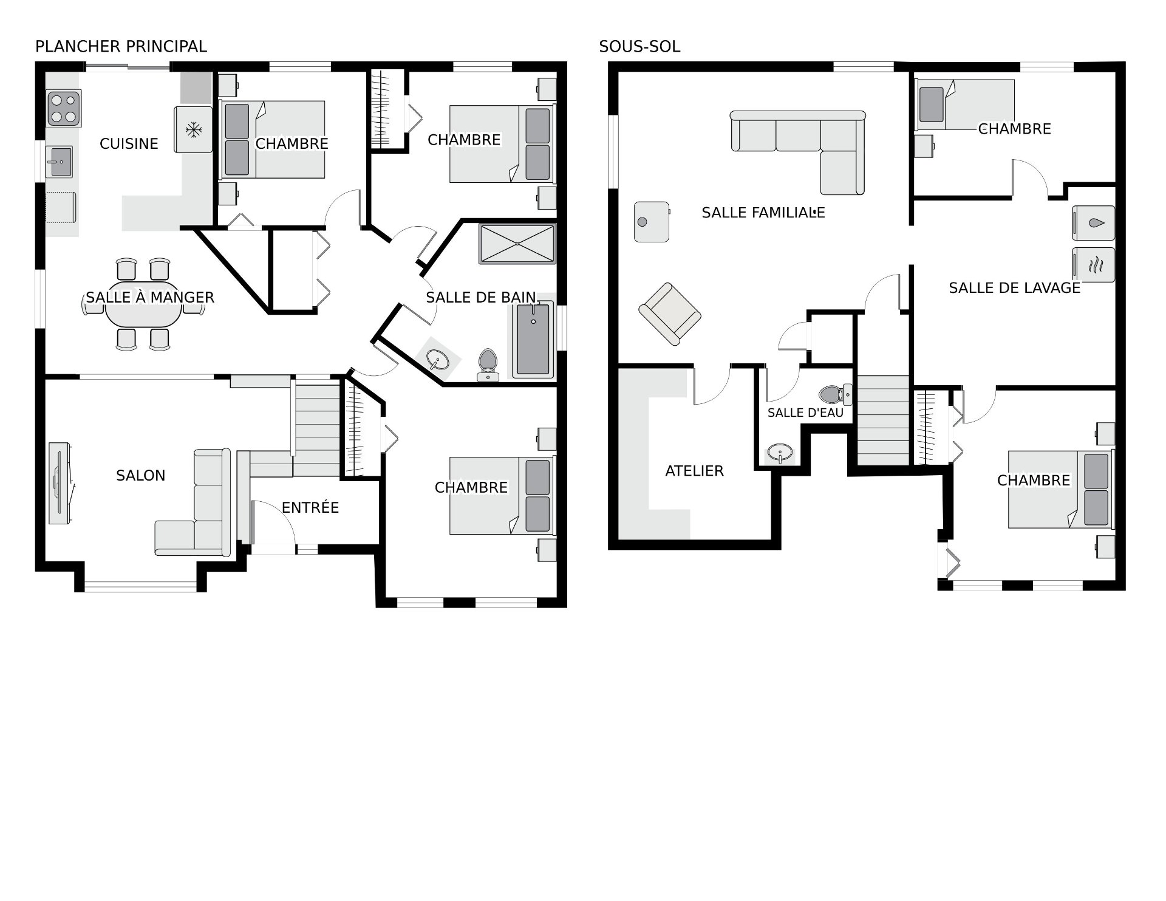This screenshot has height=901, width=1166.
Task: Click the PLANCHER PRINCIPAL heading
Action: click(x=121, y=46)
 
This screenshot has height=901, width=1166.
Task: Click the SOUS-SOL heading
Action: click(x=639, y=46)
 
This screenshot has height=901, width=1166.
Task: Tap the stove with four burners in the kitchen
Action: click(x=64, y=109)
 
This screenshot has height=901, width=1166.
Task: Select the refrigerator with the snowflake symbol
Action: click(x=193, y=129)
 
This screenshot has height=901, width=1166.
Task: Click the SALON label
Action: click(x=140, y=475)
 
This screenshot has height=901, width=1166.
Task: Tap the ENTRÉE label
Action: click(x=310, y=507)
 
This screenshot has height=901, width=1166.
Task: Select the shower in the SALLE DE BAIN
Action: click(x=517, y=244)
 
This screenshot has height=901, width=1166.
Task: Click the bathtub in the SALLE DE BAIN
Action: click(x=533, y=340)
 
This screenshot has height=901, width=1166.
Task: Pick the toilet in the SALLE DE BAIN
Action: click(x=488, y=365)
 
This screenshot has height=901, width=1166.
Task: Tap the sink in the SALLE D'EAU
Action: click(x=780, y=453)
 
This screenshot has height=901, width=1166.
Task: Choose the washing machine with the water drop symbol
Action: click(x=1094, y=224)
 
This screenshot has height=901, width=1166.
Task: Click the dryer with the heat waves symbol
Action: click(x=1094, y=264)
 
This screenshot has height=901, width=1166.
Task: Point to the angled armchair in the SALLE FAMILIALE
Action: click(x=669, y=313)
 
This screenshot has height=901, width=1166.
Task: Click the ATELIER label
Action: click(x=694, y=471)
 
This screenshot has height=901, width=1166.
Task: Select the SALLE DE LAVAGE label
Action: click(x=1015, y=288)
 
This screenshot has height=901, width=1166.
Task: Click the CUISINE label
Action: click(x=129, y=143)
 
